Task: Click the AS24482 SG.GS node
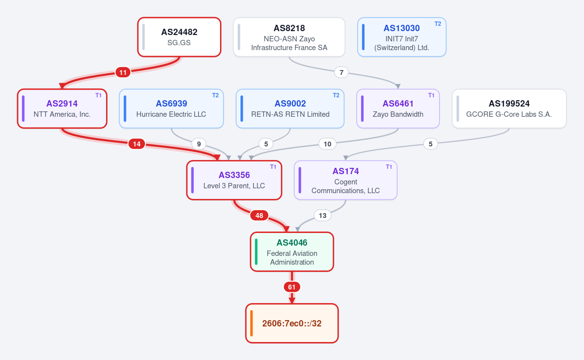[x=180, y=37]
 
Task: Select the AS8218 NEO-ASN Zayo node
[x=289, y=37]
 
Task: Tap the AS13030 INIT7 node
[x=402, y=37]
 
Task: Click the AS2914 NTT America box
[x=62, y=108]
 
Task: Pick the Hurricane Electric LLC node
[x=171, y=108]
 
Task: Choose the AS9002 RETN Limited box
[x=290, y=108]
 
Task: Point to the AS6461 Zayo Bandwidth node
[x=398, y=108]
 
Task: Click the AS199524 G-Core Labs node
[x=509, y=108]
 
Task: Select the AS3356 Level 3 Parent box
[x=234, y=180]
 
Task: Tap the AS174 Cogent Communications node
[x=346, y=180]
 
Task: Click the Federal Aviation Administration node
[x=292, y=252]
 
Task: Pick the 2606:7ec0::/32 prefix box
[x=292, y=323]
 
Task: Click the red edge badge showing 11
[x=123, y=72]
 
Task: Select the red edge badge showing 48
[x=259, y=216]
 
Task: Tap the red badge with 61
[x=292, y=287]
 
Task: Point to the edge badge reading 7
[x=341, y=72]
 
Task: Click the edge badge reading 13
[x=323, y=216]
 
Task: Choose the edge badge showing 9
[x=199, y=144]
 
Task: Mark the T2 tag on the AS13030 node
[x=438, y=24]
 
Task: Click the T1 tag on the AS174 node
[x=389, y=167]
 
